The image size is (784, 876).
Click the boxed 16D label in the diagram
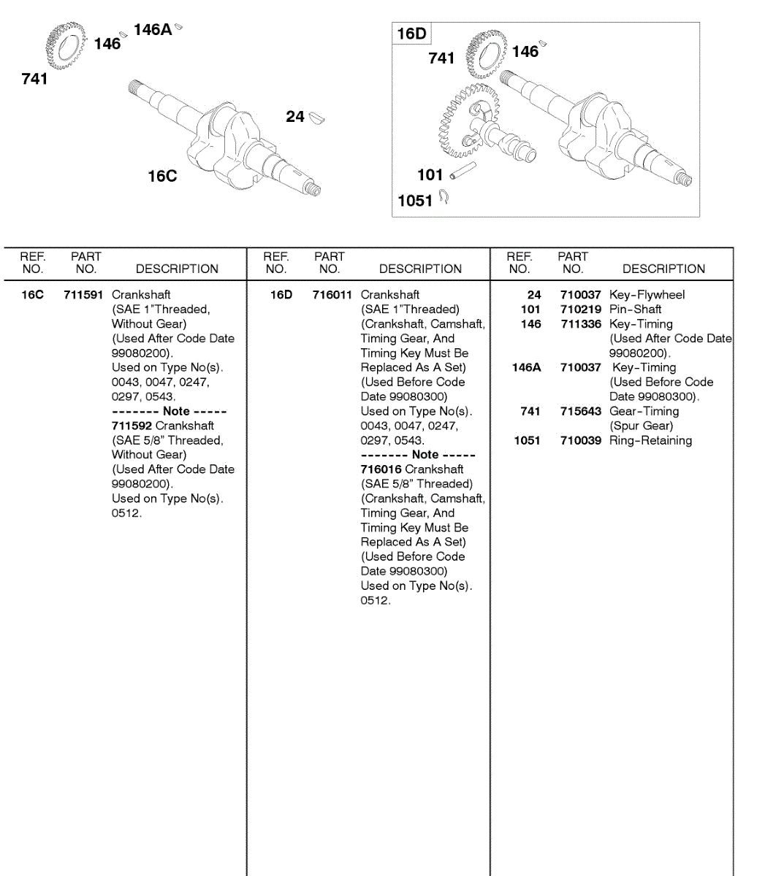(x=411, y=34)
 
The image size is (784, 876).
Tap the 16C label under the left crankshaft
(x=162, y=176)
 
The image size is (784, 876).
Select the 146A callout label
(x=152, y=30)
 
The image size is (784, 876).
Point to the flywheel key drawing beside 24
(x=317, y=117)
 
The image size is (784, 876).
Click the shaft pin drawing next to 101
(x=463, y=172)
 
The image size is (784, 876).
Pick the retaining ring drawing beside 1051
(x=444, y=197)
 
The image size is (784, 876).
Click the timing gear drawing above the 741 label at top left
(x=62, y=45)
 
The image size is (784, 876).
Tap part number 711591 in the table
(x=83, y=295)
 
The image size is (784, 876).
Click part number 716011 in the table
(x=332, y=295)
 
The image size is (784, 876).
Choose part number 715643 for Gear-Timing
(x=581, y=412)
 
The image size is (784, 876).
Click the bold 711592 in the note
(x=132, y=426)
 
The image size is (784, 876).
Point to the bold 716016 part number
(x=381, y=469)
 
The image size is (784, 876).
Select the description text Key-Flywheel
(x=647, y=295)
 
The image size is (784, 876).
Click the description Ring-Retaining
(x=650, y=441)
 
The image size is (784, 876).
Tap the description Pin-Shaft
(x=635, y=310)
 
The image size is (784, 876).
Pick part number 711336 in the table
(x=581, y=324)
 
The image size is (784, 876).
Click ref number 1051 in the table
(x=527, y=441)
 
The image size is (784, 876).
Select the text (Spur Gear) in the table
(x=641, y=426)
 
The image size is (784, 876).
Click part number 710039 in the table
(x=581, y=441)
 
